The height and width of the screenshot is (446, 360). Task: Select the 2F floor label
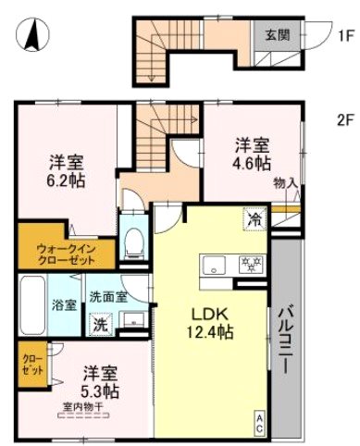(x=344, y=118)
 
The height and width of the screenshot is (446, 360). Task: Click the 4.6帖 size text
(x=251, y=163)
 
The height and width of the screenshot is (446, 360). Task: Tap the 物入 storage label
(x=285, y=184)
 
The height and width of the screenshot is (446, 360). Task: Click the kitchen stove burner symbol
(x=251, y=263)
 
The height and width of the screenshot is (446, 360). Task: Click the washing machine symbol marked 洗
(x=98, y=325)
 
